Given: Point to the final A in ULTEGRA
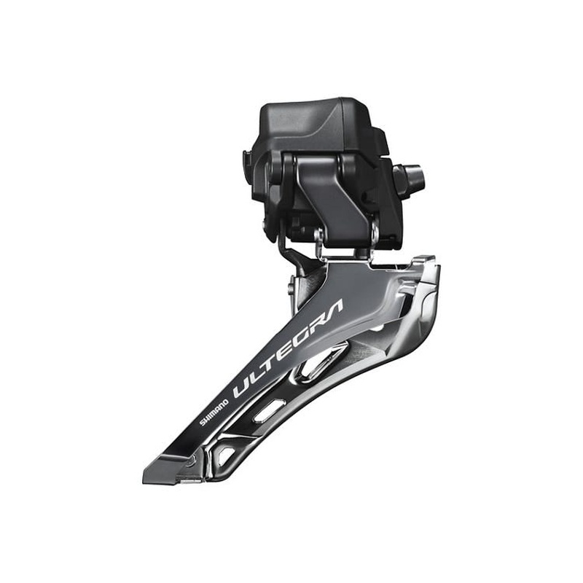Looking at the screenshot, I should coord(335,306).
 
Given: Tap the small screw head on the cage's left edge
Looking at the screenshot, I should coord(291,287).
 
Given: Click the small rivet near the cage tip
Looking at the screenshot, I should coord(191,461).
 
